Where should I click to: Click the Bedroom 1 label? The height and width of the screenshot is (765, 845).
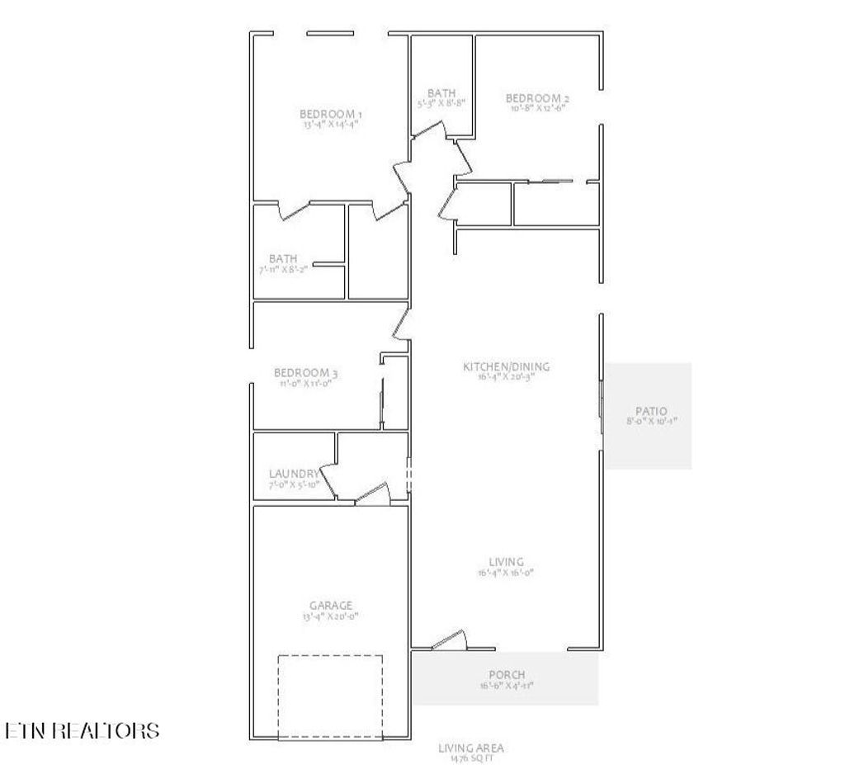(x=331, y=113)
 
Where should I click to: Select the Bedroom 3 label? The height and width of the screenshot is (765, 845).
(x=306, y=373)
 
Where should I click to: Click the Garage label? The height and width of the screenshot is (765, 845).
(x=331, y=605)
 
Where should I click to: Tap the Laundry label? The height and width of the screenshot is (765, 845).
(x=293, y=474)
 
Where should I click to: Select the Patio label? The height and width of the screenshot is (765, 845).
(x=651, y=411)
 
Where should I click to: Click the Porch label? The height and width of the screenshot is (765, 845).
(x=507, y=675)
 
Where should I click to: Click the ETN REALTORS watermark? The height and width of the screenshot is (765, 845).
(x=83, y=730)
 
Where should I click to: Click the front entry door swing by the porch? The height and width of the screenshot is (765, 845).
(x=448, y=640)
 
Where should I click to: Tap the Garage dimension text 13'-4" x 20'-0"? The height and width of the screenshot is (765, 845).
(x=331, y=616)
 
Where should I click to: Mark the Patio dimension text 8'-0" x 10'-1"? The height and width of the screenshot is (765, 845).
(x=651, y=422)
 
